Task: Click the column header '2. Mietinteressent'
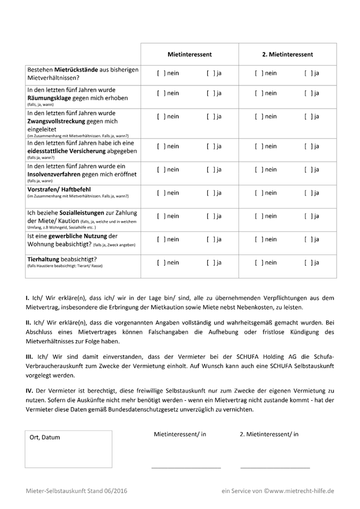click(x=287, y=54)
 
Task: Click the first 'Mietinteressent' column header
click(x=190, y=54)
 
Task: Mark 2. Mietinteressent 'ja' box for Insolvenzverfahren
click(x=308, y=170)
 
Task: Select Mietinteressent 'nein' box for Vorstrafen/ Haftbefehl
click(x=161, y=193)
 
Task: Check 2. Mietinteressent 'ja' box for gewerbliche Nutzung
click(x=308, y=240)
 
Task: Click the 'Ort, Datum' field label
click(x=45, y=437)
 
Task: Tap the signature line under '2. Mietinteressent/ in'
click(x=275, y=468)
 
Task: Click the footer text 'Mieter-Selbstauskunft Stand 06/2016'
click(x=76, y=492)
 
